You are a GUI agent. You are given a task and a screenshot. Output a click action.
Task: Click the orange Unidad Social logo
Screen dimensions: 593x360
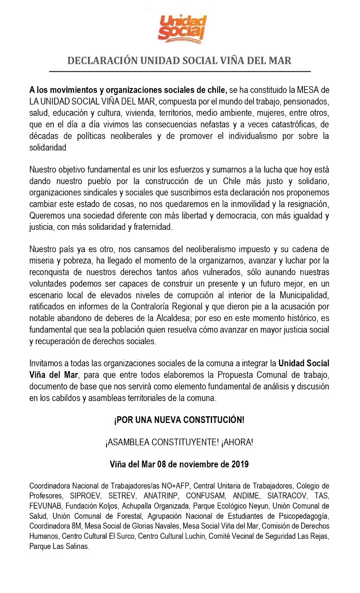coord(182,28)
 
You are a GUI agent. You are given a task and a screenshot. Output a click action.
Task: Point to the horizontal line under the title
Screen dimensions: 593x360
coord(180,72)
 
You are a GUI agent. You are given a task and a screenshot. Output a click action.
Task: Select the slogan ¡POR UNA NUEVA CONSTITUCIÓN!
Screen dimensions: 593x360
coord(179,420)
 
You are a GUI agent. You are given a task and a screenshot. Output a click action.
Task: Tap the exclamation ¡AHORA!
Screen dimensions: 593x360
coord(237,442)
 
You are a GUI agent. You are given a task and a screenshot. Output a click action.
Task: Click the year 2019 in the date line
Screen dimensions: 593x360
coord(239,464)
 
